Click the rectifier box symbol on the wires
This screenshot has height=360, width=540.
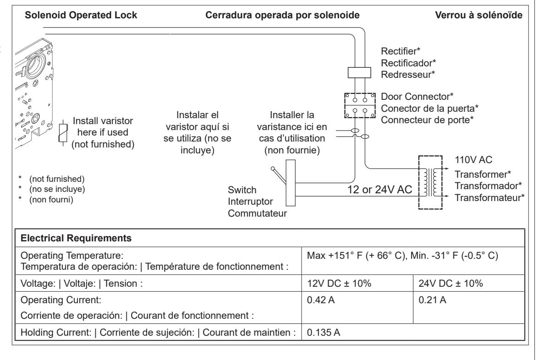359,73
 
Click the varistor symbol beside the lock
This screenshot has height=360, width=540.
63,132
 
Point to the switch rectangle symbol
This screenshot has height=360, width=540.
291,183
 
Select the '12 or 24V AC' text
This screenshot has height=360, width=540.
380,190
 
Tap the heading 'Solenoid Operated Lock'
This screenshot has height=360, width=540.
81,15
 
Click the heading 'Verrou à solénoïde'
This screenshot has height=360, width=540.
479,15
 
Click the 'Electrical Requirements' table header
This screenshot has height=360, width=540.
76,238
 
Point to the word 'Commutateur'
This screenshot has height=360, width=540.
257,213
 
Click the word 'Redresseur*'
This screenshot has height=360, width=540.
408,75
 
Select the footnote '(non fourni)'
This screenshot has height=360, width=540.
51,200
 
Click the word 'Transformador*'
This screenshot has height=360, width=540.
488,186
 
